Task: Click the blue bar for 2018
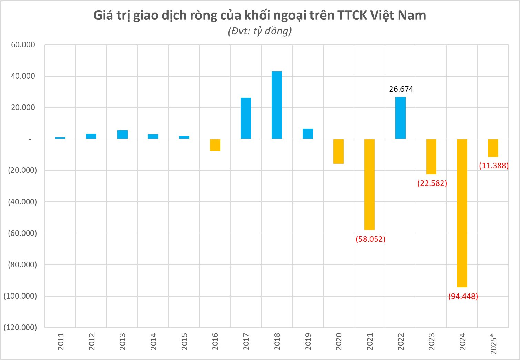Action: pyautogui.click(x=277, y=105)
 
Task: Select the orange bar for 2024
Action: pyautogui.click(x=462, y=213)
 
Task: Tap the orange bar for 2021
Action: pyautogui.click(x=369, y=184)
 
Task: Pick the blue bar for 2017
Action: pyautogui.click(x=246, y=118)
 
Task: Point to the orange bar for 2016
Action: pyautogui.click(x=215, y=145)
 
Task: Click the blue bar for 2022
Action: pyautogui.click(x=400, y=118)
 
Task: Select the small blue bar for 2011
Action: pyautogui.click(x=60, y=138)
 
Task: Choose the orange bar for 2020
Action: pyautogui.click(x=338, y=151)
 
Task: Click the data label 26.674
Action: pyautogui.click(x=401, y=89)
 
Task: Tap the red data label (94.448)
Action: pyautogui.click(x=463, y=296)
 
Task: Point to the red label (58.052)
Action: pyautogui.click(x=370, y=239)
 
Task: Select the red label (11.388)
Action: pyautogui.click(x=493, y=166)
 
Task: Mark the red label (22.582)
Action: pyautogui.click(x=432, y=183)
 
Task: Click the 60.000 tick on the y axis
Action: pyautogui.click(x=23, y=45)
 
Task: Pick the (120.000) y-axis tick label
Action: pyautogui.click(x=20, y=327)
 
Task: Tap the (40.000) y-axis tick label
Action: pyautogui.click(x=22, y=202)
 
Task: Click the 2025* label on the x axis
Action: pyautogui.click(x=493, y=343)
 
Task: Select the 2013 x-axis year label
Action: pyautogui.click(x=122, y=341)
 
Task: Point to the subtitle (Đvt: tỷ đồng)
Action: pyautogui.click(x=260, y=31)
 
